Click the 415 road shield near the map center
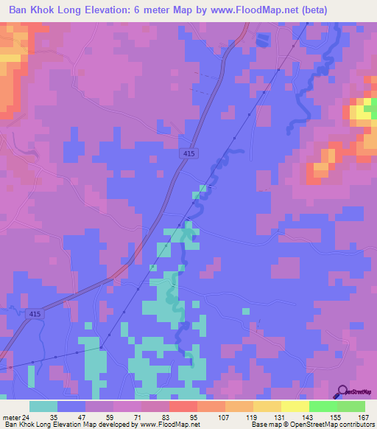tap(189, 153)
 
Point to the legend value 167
tap(362, 416)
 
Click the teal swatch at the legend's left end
tap(43, 406)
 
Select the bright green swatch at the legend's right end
tap(351, 406)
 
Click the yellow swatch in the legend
tap(295, 406)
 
